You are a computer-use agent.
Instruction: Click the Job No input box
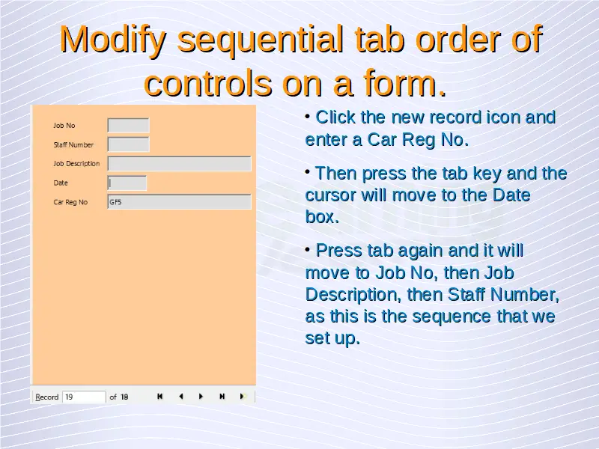tap(128, 125)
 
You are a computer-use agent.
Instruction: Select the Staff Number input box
tap(128, 144)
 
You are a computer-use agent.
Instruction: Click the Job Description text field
tap(179, 163)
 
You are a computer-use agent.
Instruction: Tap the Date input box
tap(127, 183)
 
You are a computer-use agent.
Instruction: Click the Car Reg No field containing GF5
tap(179, 202)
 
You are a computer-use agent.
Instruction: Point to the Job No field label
tap(64, 126)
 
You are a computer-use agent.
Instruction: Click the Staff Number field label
tap(73, 144)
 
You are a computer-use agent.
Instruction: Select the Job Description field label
tap(76, 164)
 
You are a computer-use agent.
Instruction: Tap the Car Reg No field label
tap(70, 202)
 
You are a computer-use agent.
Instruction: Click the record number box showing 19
tap(84, 397)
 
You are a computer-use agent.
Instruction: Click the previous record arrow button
tap(180, 397)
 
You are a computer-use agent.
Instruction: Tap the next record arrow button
tap(201, 397)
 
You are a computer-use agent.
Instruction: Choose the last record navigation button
tap(222, 397)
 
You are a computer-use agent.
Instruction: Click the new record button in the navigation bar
tap(242, 397)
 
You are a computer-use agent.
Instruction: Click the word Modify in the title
tap(113, 40)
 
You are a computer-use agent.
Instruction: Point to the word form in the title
tap(404, 83)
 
